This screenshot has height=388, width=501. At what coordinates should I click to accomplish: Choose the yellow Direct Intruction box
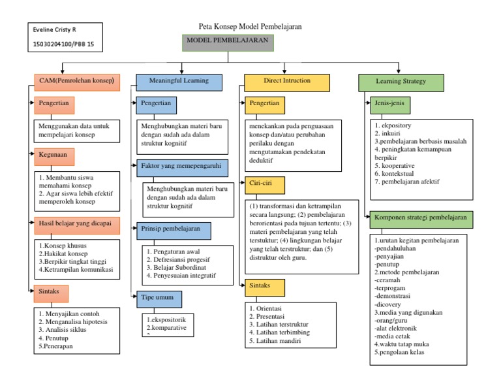click(x=287, y=82)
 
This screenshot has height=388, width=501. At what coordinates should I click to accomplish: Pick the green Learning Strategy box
click(x=401, y=82)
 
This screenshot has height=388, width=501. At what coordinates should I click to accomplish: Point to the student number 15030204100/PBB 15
click(x=63, y=44)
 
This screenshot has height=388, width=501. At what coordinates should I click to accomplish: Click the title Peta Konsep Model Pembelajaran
click(x=250, y=27)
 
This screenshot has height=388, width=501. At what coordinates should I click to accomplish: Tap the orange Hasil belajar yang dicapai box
click(x=75, y=224)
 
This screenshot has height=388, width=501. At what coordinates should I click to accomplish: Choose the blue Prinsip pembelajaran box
click(x=174, y=230)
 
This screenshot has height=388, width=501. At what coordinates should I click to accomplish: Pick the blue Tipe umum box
click(x=159, y=299)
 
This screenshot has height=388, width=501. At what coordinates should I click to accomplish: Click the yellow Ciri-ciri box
click(x=265, y=184)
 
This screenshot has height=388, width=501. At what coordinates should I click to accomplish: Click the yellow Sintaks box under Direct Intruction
click(x=265, y=287)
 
